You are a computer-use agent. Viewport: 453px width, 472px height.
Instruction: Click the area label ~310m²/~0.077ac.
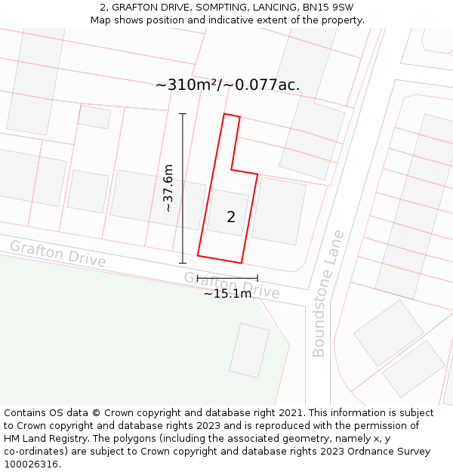pyautogui.click(x=227, y=85)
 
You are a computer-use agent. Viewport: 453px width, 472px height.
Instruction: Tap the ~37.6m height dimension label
pyautogui.click(x=168, y=188)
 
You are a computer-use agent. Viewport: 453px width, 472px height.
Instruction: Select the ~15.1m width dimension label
pyautogui.click(x=227, y=294)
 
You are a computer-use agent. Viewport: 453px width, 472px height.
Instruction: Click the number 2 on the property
pyautogui.click(x=231, y=217)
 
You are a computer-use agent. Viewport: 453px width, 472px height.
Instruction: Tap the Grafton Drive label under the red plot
pyautogui.click(x=232, y=285)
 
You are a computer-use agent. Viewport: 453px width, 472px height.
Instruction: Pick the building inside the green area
pyautogui.click(x=249, y=350)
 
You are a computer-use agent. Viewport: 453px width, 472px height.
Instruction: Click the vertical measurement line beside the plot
pyautogui.click(x=183, y=188)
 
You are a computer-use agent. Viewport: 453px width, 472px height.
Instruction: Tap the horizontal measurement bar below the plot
pyautogui.click(x=227, y=278)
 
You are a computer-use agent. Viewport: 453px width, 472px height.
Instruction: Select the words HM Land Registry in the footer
pyautogui.click(x=45, y=439)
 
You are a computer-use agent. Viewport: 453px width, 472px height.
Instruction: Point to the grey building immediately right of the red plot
pyautogui.click(x=279, y=211)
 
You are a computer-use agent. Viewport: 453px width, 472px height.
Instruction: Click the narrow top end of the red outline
pyautogui.click(x=232, y=116)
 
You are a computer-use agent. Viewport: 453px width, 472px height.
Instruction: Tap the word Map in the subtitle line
pyautogui.click(x=102, y=20)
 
